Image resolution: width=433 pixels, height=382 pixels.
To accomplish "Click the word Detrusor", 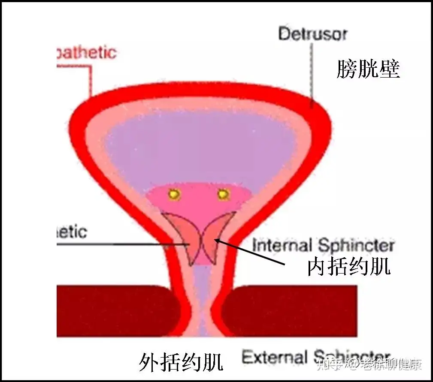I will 312,33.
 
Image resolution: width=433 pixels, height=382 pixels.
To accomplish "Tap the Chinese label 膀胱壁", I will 368,69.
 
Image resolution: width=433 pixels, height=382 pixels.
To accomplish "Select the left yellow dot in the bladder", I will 174,195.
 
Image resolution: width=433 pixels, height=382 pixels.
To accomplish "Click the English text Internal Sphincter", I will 323,246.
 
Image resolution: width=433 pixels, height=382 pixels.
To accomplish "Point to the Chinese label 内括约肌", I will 348,267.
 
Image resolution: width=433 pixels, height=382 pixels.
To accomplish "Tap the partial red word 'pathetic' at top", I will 86,53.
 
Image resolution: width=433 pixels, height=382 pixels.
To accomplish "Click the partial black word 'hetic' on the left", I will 72,232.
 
